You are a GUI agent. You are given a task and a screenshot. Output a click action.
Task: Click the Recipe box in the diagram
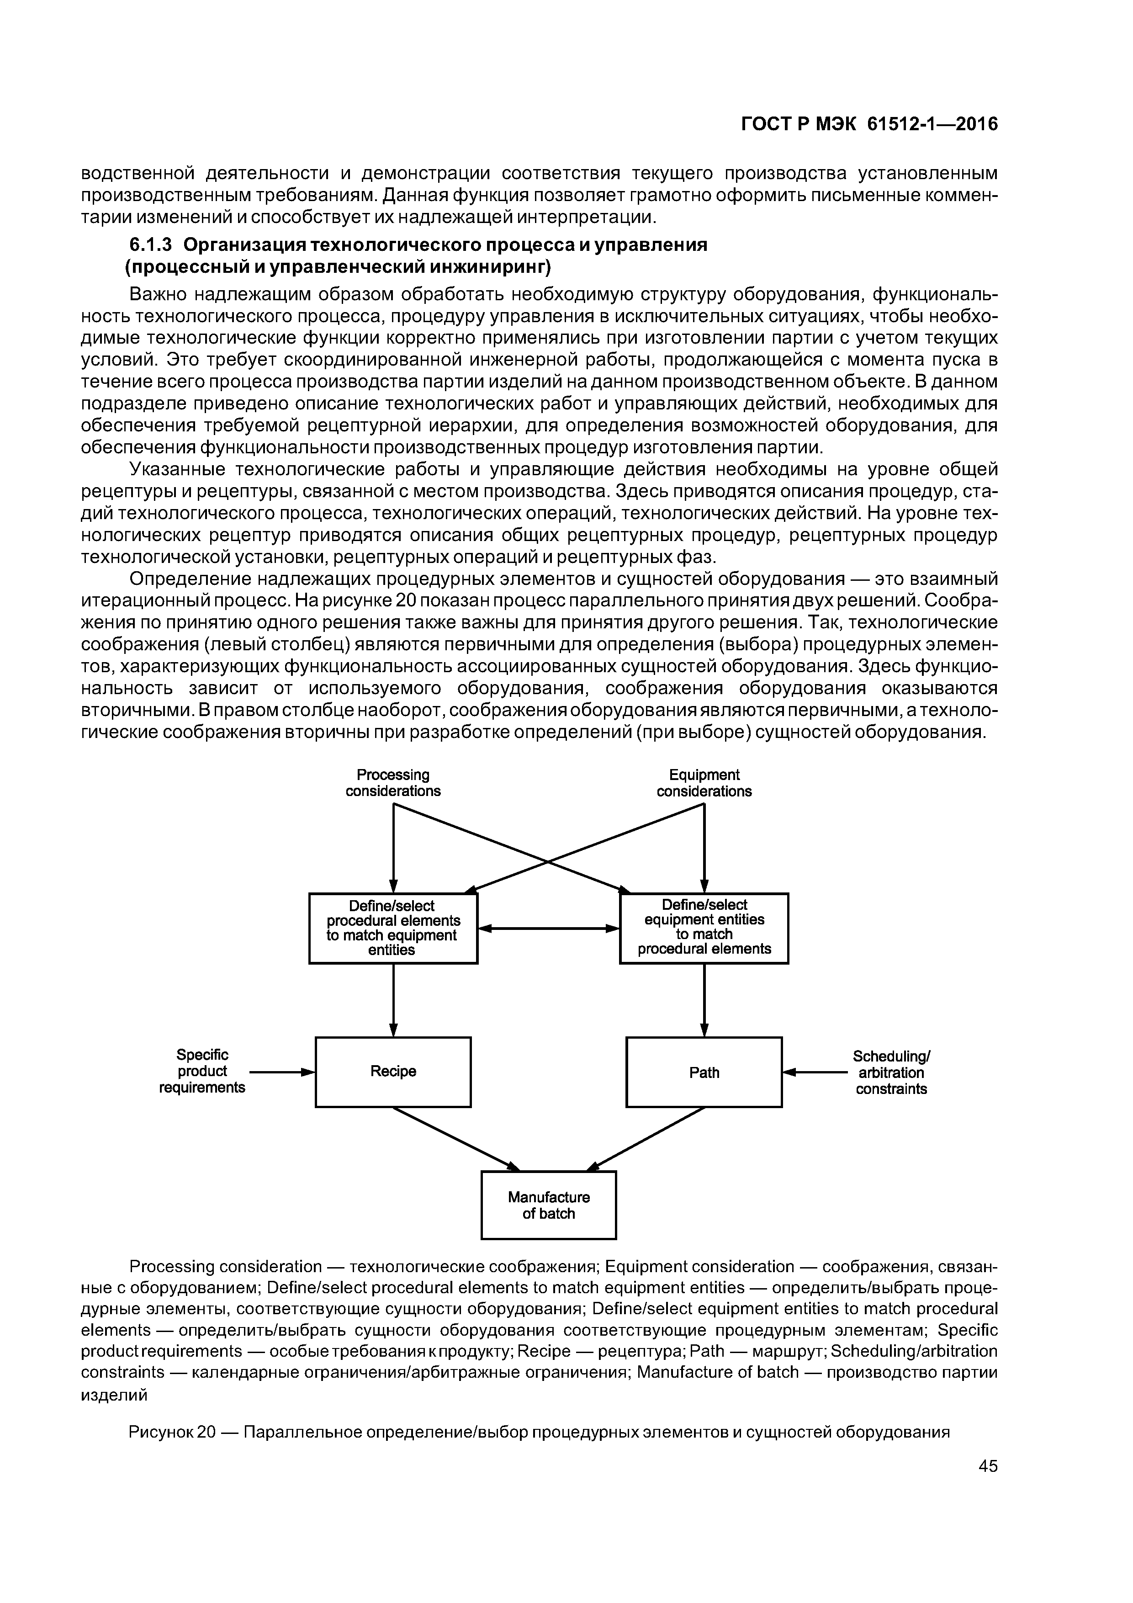393,1071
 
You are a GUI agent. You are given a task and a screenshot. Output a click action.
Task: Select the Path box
704,1072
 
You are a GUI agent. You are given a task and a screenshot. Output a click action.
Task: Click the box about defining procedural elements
393,928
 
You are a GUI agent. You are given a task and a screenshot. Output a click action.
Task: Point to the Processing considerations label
393,783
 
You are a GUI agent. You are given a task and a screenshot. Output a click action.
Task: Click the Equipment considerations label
704,783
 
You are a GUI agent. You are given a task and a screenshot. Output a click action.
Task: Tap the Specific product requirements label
202,1071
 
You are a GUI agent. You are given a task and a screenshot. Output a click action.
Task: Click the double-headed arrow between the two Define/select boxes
549,928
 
